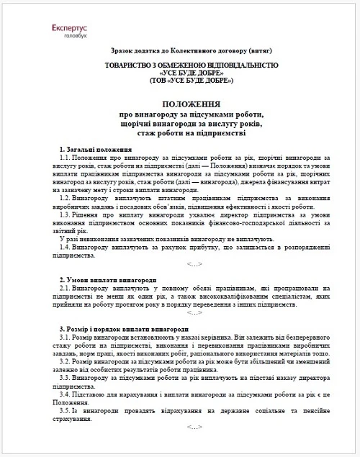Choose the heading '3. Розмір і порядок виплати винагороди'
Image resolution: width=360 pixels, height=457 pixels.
[x=123, y=328]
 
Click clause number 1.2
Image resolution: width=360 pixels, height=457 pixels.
[x=69, y=197]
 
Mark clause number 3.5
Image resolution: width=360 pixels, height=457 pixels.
[x=69, y=410]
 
